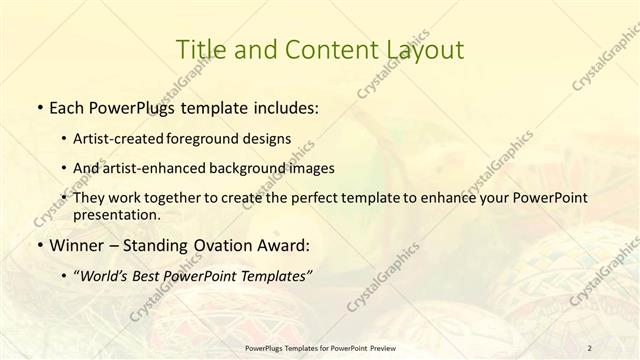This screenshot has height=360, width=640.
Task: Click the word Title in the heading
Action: pyautogui.click(x=199, y=49)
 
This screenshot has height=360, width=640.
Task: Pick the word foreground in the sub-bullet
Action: pyautogui.click(x=204, y=138)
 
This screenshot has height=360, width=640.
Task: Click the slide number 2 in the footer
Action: pyautogui.click(x=590, y=348)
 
